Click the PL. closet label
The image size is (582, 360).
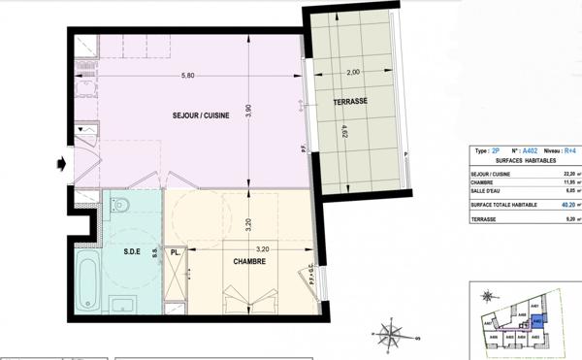pyautogui.click(x=176, y=253)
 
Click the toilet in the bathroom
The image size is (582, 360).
pyautogui.click(x=118, y=204)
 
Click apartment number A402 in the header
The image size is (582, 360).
pyautogui.click(x=530, y=150)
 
